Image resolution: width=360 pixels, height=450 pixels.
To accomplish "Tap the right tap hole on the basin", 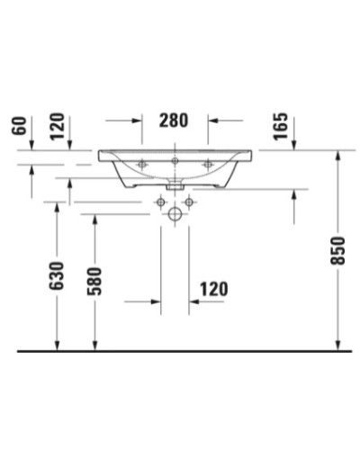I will coord(209,164).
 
